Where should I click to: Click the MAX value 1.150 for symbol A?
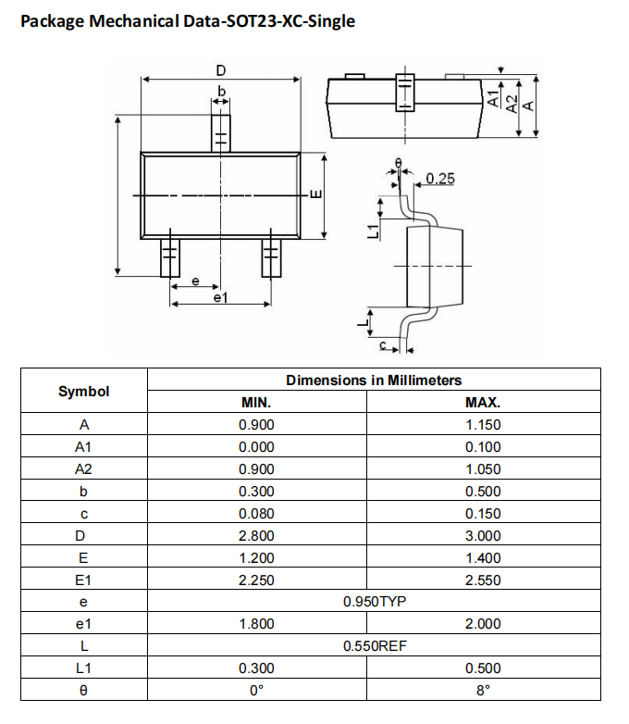point(483,425)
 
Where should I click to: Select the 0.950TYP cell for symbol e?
point(375,602)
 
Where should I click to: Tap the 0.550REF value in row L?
point(375,646)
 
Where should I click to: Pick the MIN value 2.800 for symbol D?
point(256,535)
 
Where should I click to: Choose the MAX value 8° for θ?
point(483,690)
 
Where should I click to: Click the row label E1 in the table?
point(83,580)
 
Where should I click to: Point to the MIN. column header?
point(256,403)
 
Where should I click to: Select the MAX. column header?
point(483,403)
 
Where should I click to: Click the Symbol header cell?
point(83,391)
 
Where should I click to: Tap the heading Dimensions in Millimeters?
point(374,380)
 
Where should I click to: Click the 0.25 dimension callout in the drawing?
point(440,178)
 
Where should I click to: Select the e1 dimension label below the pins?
point(220,298)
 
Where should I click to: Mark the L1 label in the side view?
point(373,231)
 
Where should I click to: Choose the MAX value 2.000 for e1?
point(483,624)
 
